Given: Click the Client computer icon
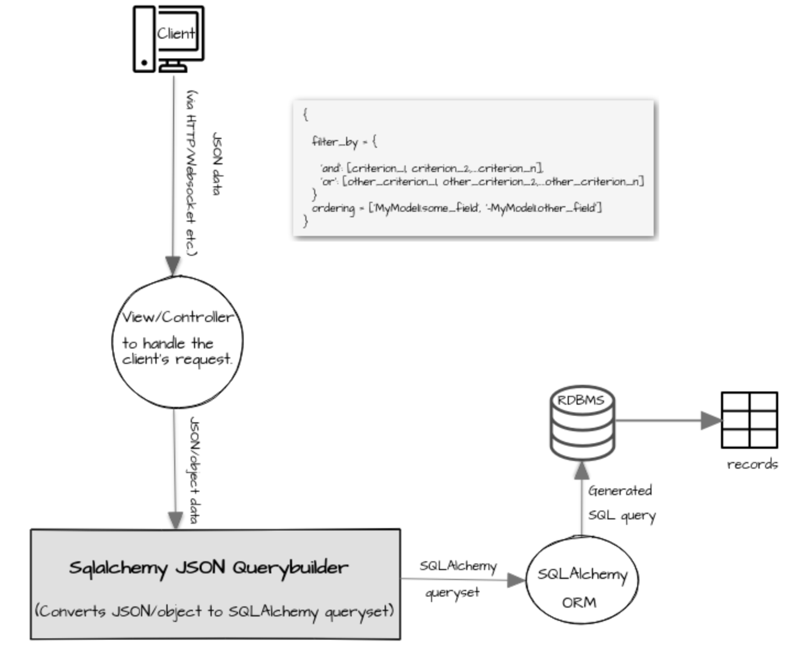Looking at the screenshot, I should pos(168,39).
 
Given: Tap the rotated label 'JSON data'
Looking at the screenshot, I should pos(218,164).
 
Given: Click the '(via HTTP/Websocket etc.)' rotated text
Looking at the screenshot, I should pos(191,173).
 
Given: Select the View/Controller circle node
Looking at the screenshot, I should pos(177,342).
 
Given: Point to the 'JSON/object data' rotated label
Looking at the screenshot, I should pos(194,470).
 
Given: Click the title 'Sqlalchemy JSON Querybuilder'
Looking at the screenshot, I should pos(208,567).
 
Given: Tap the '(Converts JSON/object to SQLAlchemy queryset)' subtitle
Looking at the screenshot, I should pos(214,611).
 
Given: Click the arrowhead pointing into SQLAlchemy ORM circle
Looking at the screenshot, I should pos(516,580).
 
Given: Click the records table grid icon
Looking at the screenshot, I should pos(749,420).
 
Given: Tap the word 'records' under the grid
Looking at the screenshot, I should pos(752,464).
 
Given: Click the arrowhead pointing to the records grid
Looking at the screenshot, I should pos(711,421).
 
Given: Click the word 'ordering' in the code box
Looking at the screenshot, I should pos(333,208).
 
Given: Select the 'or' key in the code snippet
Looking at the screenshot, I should pos(328,181).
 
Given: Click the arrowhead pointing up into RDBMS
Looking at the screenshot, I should pos(581,470).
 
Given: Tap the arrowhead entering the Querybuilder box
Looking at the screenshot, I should pos(175,520).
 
